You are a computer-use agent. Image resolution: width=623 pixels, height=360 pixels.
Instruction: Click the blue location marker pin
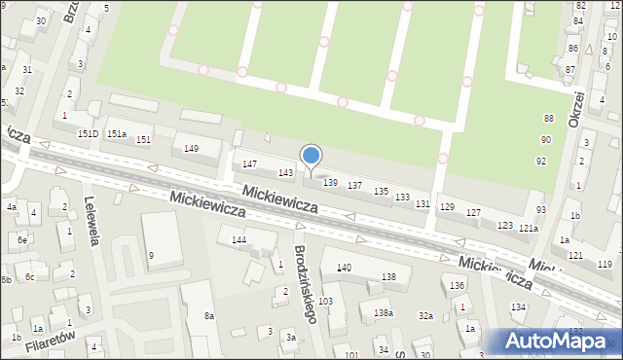[x=311, y=157]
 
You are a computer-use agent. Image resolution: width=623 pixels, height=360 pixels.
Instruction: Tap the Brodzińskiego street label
[x=304, y=284]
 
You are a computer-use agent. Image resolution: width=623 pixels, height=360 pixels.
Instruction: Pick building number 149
[x=192, y=148]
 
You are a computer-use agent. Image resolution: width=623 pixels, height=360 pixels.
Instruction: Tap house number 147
[x=249, y=164]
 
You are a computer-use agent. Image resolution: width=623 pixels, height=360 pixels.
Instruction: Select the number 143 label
[x=285, y=172]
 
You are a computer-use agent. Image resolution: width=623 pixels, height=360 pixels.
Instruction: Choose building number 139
[x=329, y=182]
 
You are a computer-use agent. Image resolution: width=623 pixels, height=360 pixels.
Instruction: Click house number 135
[x=381, y=192]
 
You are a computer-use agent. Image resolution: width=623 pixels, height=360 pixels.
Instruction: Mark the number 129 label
[x=447, y=207]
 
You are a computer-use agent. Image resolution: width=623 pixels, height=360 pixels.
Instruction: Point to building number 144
[x=238, y=239]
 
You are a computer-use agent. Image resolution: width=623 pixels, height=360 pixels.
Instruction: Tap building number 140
[x=344, y=267]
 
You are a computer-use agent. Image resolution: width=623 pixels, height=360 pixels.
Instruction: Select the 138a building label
[x=383, y=312]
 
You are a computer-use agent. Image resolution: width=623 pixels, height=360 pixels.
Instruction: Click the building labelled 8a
[x=208, y=315]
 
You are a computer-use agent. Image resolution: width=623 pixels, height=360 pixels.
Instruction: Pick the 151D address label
[x=88, y=133]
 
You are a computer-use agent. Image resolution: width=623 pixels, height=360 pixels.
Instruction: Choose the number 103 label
[x=325, y=302]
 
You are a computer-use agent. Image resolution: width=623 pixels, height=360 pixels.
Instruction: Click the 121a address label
[x=528, y=229]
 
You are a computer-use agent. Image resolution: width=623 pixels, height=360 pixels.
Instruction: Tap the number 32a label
[x=425, y=315]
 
